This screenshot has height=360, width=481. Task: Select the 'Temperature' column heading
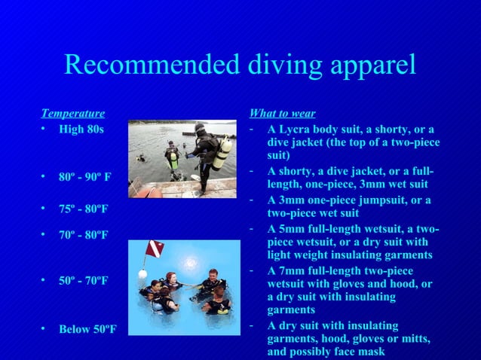click(72, 114)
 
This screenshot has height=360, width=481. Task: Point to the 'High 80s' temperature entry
click(81, 129)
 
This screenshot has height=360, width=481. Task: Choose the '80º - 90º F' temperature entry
click(85, 178)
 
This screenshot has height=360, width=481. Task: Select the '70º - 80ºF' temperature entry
click(83, 235)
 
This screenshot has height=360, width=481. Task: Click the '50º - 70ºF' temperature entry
click(83, 281)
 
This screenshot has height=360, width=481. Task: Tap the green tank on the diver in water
click(174, 158)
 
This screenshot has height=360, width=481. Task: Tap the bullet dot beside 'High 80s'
click(44, 129)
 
